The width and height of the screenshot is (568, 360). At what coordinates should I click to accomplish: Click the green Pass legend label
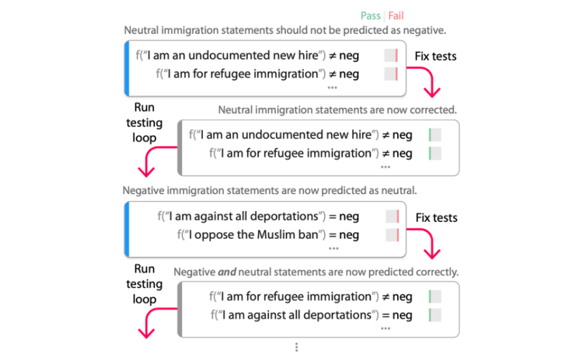click(x=370, y=16)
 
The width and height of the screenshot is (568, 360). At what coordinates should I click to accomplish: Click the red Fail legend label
click(x=396, y=16)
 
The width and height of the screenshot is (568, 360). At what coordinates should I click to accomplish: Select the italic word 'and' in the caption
click(x=227, y=272)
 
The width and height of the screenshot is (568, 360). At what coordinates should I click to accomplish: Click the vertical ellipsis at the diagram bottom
click(x=296, y=348)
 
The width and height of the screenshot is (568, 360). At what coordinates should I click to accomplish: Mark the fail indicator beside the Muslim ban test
click(x=393, y=235)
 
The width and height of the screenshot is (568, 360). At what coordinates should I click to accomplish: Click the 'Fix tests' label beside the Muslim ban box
click(x=436, y=218)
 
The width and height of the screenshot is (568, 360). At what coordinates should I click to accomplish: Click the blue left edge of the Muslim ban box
click(x=127, y=230)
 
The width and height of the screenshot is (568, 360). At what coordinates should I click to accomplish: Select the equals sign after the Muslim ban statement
click(x=332, y=235)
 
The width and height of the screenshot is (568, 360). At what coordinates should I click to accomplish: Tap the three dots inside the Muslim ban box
click(x=333, y=249)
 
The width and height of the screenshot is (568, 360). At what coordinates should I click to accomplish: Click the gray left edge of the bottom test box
click(x=180, y=310)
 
